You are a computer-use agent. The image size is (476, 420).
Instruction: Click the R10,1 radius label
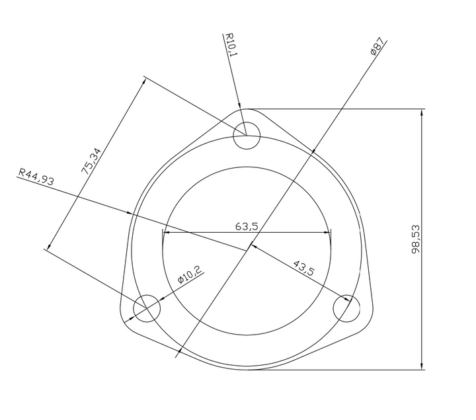pyautogui.click(x=231, y=45)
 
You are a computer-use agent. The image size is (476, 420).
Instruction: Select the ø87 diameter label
pyautogui.click(x=377, y=48)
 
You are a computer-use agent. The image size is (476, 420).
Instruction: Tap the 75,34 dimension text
pyautogui.click(x=91, y=161)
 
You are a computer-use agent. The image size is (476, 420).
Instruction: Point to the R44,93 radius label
pyautogui.click(x=36, y=177)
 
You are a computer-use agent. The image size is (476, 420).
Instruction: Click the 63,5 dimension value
pyautogui.click(x=246, y=226)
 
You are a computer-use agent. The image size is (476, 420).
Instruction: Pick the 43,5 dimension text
pyautogui.click(x=303, y=268)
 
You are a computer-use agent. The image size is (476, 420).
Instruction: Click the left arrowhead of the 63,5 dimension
pyautogui.click(x=167, y=233)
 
